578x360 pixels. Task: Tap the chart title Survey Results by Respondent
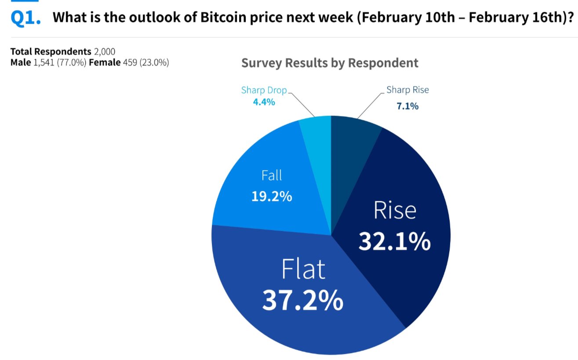(330, 63)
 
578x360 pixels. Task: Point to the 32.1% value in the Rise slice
(394, 241)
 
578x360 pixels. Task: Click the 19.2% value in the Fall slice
(272, 196)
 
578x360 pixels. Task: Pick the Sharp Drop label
(264, 90)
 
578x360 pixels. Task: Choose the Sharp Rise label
(407, 90)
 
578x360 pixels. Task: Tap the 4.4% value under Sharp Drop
(264, 102)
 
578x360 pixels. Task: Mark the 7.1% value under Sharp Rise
(407, 106)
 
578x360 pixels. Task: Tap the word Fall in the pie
(272, 176)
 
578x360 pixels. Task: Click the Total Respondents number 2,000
(105, 52)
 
